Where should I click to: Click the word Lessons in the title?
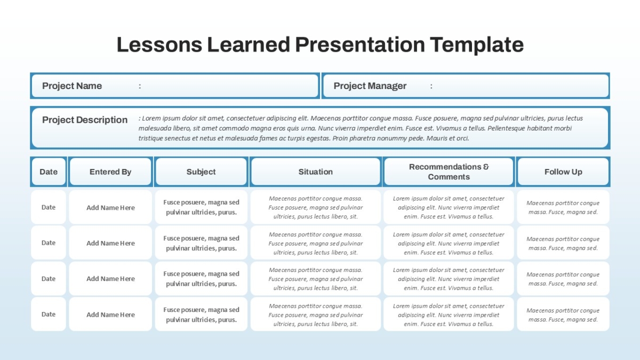coord(159,45)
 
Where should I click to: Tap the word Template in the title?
coord(477,45)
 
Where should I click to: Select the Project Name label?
coord(72,86)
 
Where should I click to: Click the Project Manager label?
coord(370,86)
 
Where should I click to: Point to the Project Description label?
coord(85,119)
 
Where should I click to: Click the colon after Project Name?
coord(140,86)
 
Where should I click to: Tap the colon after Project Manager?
coord(431,86)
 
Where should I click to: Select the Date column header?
coord(49,172)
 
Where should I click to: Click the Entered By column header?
coord(110,172)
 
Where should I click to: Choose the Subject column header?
coord(201,172)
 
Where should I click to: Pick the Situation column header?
coord(315,172)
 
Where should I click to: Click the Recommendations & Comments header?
coord(449,172)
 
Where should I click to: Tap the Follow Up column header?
coord(563,172)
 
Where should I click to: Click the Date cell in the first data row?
coord(49,207)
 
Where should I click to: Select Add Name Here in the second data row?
coord(110,243)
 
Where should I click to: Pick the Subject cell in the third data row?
coord(201,278)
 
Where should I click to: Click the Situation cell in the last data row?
coord(315,315)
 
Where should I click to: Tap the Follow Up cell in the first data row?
coord(563,207)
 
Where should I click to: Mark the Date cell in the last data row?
coord(49,314)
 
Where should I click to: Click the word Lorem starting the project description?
coord(151,118)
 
